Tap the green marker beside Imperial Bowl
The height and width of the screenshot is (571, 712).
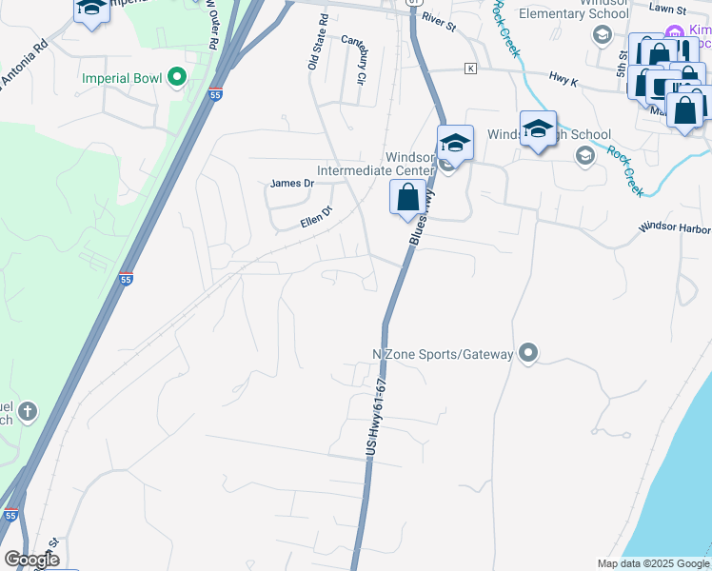click(176, 77)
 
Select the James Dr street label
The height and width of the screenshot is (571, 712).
click(292, 184)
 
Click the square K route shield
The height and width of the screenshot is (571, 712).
click(469, 69)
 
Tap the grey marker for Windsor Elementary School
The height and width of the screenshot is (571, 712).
click(601, 36)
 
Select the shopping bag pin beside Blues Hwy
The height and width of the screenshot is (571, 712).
click(407, 198)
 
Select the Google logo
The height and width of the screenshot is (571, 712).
click(31, 560)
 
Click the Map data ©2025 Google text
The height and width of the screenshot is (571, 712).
click(652, 563)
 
